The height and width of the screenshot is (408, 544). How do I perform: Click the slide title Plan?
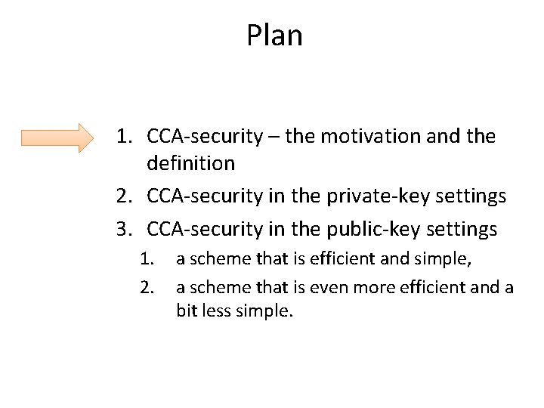274,36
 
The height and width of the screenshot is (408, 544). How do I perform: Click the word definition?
191,162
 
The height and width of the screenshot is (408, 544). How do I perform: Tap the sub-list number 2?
148,286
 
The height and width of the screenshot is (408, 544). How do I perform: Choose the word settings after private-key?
470,196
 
